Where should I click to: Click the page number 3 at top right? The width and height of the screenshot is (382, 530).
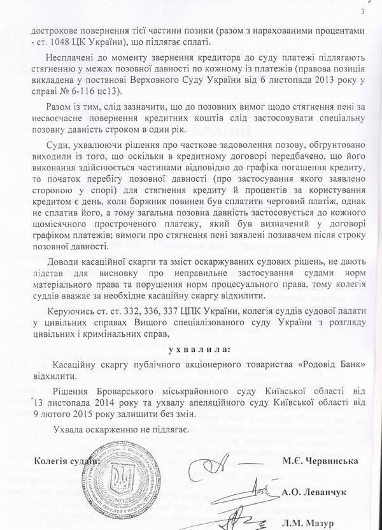coord(364,11)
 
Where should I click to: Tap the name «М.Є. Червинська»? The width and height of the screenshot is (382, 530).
coord(327,462)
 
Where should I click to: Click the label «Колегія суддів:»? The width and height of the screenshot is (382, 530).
coord(69,460)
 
